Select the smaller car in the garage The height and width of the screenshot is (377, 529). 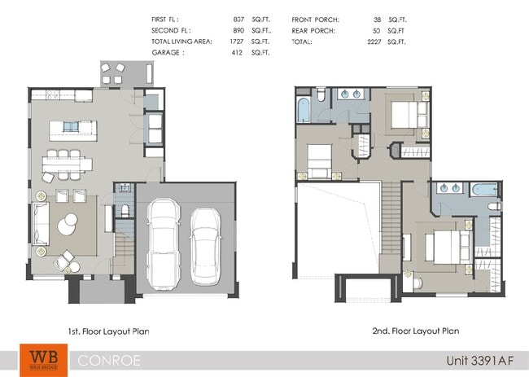pyautogui.click(x=206, y=246)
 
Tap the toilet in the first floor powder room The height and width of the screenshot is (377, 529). pyautogui.click(x=124, y=211)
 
